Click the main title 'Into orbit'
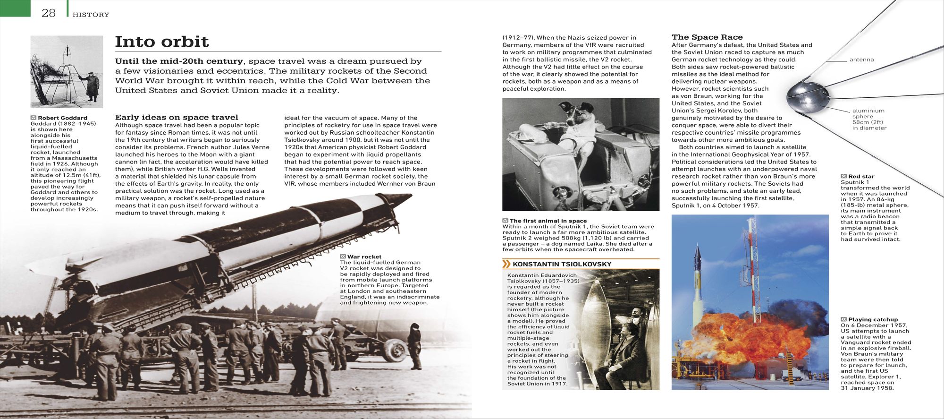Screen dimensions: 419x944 click(x=162, y=42)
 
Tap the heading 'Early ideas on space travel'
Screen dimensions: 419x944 click(x=177, y=117)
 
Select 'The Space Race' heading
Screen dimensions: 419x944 click(x=707, y=37)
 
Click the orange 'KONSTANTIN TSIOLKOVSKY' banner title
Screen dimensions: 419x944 click(x=562, y=264)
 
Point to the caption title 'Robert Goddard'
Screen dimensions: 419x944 click(x=62, y=118)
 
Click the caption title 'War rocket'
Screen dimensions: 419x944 click(x=364, y=257)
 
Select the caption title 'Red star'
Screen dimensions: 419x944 click(x=861, y=176)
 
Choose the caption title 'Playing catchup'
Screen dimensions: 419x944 click(x=873, y=319)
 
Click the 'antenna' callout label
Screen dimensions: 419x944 click(x=861, y=60)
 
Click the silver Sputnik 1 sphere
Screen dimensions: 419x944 click(x=808, y=97)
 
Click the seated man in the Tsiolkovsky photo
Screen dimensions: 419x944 click(x=618, y=354)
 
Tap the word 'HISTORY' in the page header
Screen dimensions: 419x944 click(x=91, y=15)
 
